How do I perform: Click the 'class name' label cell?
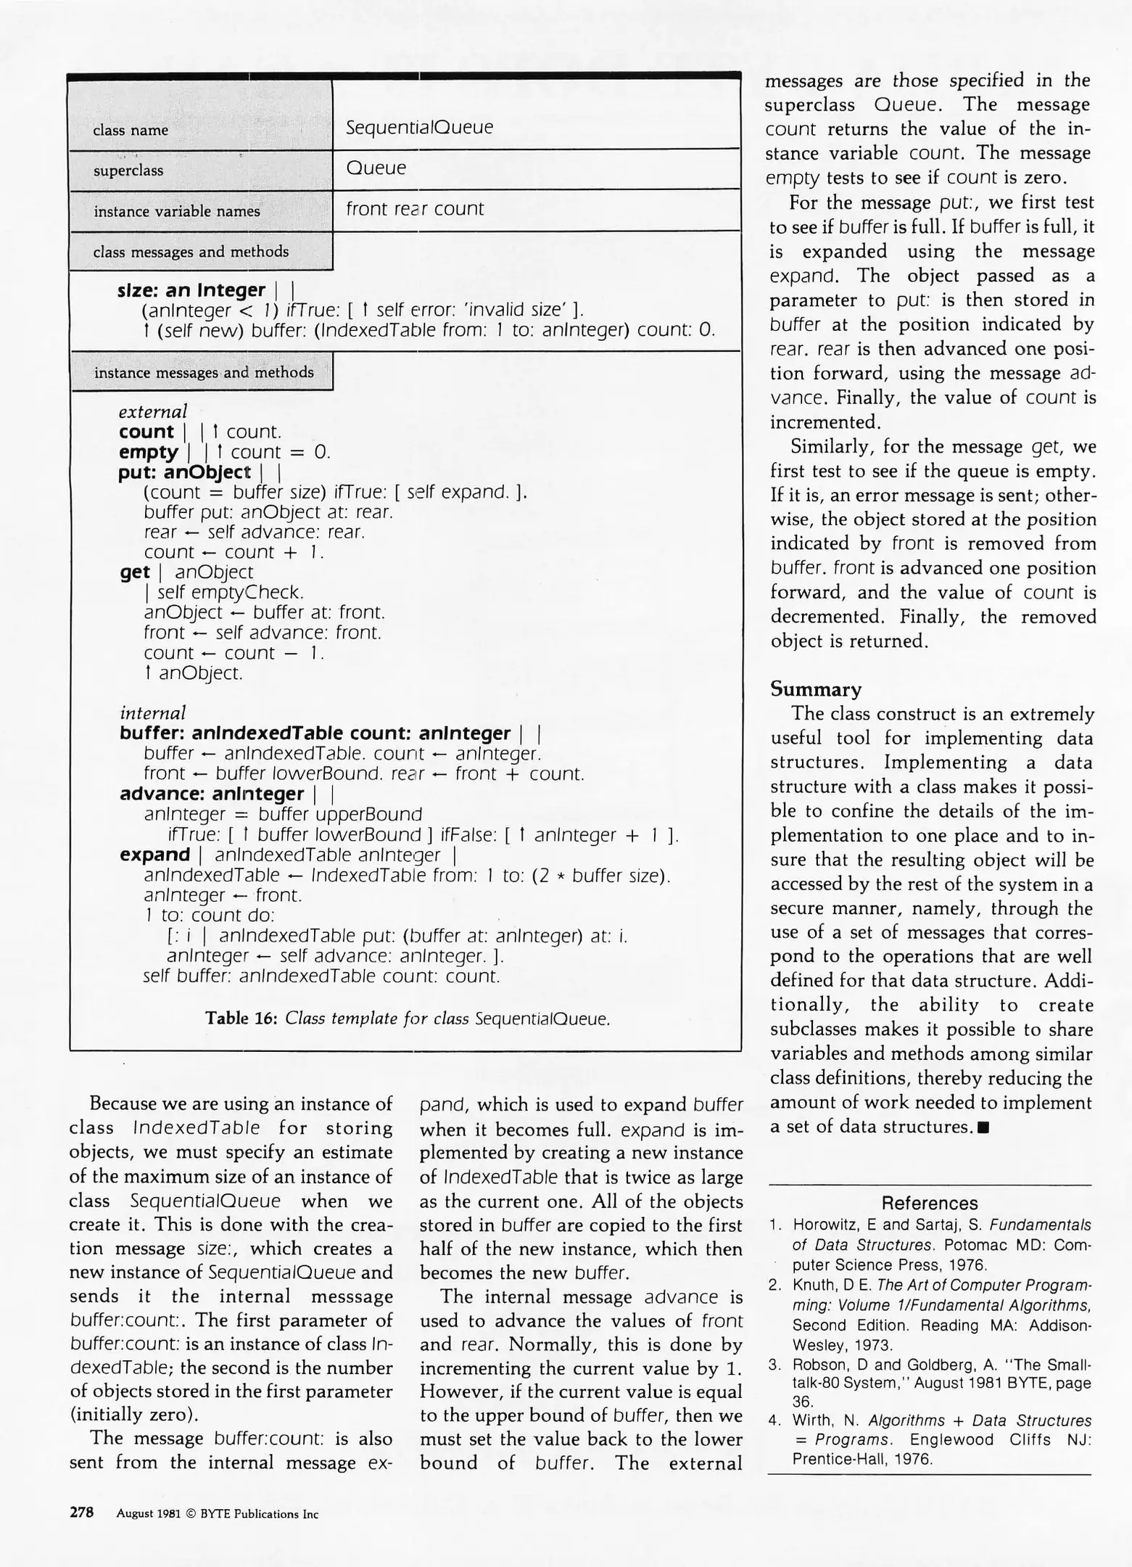[x=131, y=131]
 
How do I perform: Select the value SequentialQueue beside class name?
[x=419, y=128]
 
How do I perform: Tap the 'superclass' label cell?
[x=128, y=171]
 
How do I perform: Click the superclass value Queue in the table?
[x=376, y=168]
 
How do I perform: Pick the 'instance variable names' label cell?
[x=176, y=212]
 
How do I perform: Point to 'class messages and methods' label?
[x=191, y=252]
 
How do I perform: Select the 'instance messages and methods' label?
[x=204, y=373]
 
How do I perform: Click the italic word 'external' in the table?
[x=153, y=412]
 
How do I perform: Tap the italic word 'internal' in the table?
[x=152, y=713]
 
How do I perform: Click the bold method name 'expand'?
[x=154, y=855]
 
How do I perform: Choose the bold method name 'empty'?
[x=149, y=453]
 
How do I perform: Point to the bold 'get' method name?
[x=135, y=572]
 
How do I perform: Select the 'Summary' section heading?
[x=816, y=689]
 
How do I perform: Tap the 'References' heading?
[x=930, y=1204]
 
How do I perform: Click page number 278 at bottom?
[x=81, y=1513]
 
